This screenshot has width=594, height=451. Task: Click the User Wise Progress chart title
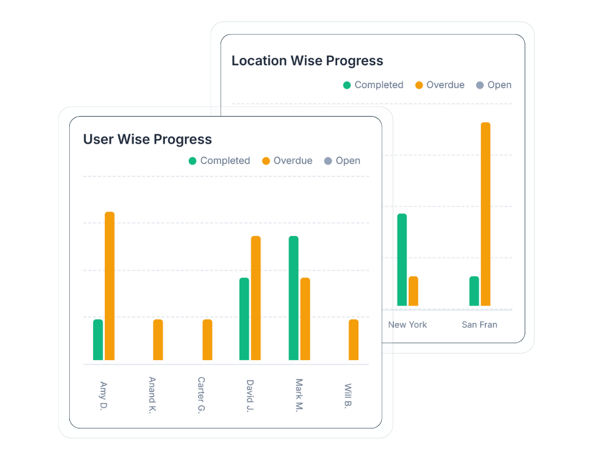[147, 139]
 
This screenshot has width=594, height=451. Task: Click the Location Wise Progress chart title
[307, 61]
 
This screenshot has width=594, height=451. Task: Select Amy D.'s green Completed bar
[98, 339]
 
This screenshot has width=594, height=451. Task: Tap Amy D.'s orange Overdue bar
[109, 286]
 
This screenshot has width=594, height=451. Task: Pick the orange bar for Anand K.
[158, 339]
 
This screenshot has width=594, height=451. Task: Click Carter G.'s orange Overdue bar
[207, 339]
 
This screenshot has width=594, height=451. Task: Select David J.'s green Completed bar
[244, 319]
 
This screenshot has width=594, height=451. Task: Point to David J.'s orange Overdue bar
[256, 298]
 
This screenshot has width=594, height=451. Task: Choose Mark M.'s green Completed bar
[294, 298]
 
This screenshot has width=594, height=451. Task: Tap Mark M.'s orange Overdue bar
[305, 319]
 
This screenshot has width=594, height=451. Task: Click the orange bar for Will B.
[354, 339]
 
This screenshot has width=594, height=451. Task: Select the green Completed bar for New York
[402, 260]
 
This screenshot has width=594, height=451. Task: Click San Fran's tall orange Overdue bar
[485, 214]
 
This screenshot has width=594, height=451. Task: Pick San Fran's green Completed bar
[474, 291]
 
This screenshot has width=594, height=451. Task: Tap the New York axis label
[408, 324]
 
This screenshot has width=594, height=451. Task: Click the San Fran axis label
[480, 324]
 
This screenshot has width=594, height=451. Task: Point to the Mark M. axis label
[299, 395]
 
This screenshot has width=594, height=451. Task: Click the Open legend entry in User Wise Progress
[342, 161]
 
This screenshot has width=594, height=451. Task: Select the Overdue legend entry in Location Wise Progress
[440, 85]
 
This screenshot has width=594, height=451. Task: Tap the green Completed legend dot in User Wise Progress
[193, 161]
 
